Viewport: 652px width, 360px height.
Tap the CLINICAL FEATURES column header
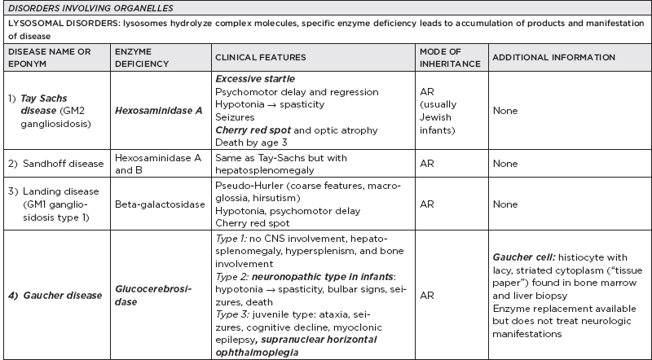coord(260,58)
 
